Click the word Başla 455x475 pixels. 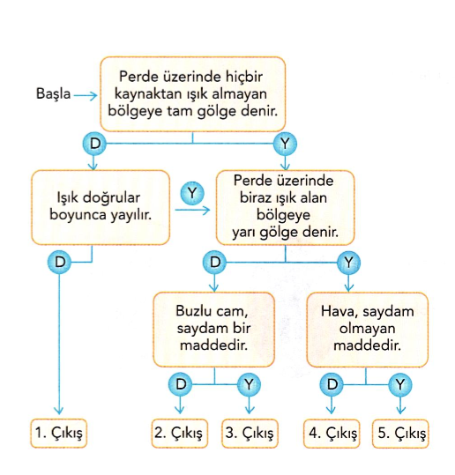point(54,93)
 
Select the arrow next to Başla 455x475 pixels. point(86,96)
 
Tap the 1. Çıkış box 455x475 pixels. point(58,434)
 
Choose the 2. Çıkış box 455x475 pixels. point(180,434)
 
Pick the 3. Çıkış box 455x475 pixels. point(250,434)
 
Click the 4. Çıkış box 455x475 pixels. point(332,434)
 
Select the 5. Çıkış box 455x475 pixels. point(400,434)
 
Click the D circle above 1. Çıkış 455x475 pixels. point(60,263)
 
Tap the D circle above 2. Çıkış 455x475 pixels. point(181,384)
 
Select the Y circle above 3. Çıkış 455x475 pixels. point(249,385)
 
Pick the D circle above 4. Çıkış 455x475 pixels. point(332,385)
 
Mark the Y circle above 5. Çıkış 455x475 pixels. point(400,385)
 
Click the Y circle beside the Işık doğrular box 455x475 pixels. point(192,193)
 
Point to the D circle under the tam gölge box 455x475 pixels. point(94,144)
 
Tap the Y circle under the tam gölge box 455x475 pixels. point(285,144)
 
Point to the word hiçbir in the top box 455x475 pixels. point(243,77)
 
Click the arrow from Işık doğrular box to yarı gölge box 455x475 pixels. point(192,211)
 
